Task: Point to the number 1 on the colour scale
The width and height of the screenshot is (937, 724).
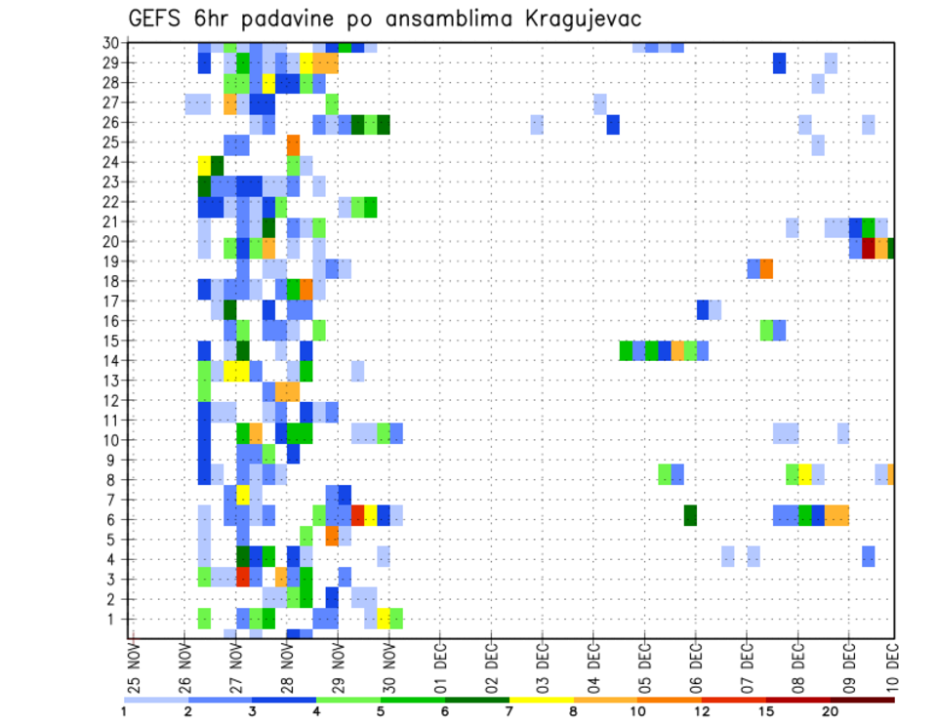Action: click(124, 711)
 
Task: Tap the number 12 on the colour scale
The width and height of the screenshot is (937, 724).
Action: click(704, 711)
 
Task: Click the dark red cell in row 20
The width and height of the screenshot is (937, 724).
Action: click(869, 248)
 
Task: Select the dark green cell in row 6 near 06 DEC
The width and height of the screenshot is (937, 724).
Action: click(690, 515)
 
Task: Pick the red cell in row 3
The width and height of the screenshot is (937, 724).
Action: click(243, 577)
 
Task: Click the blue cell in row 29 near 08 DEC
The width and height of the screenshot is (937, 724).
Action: click(779, 62)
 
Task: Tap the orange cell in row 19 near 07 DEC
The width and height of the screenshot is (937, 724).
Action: click(766, 268)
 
